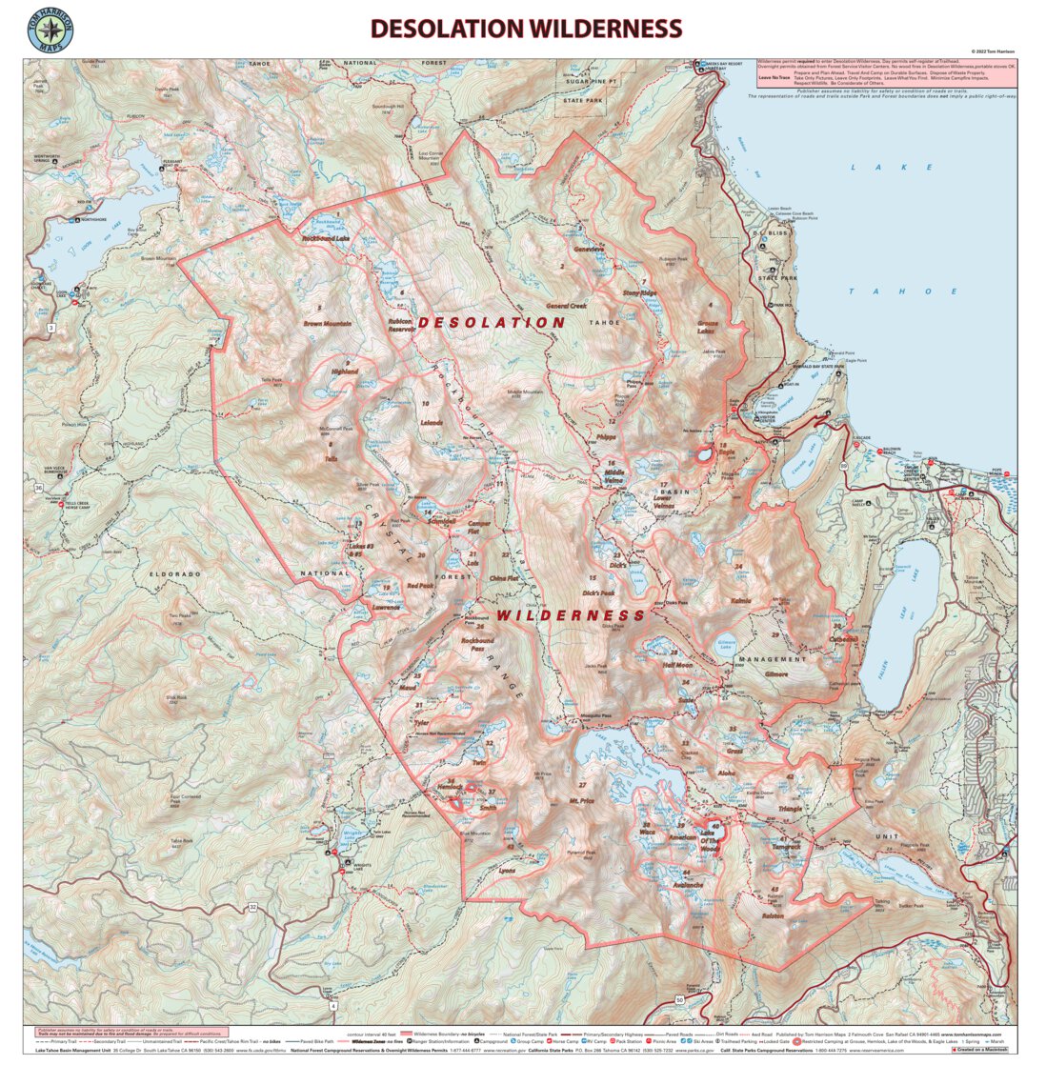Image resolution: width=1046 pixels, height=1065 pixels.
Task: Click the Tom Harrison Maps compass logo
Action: click(x=50, y=29)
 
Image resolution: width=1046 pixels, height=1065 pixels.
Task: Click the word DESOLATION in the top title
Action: click(x=447, y=29)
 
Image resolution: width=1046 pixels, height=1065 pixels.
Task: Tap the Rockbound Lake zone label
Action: click(x=325, y=238)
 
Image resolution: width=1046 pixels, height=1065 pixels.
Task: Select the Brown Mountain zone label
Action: click(x=327, y=324)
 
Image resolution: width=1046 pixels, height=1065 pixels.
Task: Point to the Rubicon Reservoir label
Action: click(x=400, y=326)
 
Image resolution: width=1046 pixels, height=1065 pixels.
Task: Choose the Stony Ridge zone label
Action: click(x=639, y=292)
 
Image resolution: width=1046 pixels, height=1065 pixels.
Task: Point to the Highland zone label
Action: click(x=344, y=372)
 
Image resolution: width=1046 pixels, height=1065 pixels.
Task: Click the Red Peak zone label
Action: click(x=419, y=586)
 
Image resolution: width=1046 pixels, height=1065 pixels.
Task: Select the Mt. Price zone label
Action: click(x=581, y=801)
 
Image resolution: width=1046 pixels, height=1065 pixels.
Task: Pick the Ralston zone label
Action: click(x=774, y=915)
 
